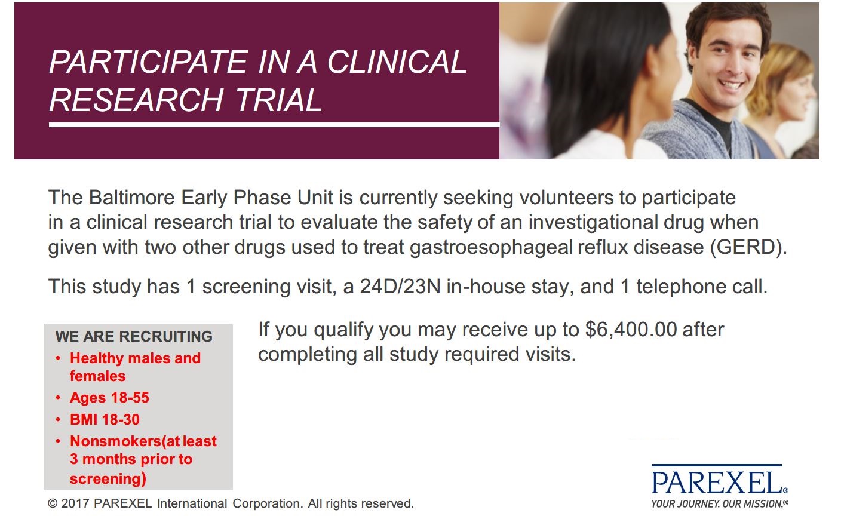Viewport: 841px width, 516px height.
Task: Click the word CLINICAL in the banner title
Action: tap(397, 62)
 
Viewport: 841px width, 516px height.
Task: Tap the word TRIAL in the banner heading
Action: tap(279, 100)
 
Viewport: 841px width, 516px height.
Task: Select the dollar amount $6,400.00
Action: tap(631, 330)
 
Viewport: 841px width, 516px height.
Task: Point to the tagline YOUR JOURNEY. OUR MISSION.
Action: tap(719, 503)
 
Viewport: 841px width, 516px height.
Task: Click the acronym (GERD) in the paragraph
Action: tap(748, 247)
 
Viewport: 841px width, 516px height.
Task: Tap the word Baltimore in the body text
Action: tap(132, 198)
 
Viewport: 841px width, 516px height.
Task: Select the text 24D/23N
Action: tap(400, 286)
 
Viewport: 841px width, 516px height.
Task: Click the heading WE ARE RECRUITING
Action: tap(134, 336)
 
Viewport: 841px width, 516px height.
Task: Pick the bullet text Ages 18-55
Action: tap(110, 398)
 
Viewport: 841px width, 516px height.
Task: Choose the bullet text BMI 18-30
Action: tap(105, 420)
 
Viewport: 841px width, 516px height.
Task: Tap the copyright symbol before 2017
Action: tap(53, 503)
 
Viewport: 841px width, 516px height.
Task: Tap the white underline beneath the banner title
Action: tap(274, 125)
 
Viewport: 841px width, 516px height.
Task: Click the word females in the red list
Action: tap(97, 376)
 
